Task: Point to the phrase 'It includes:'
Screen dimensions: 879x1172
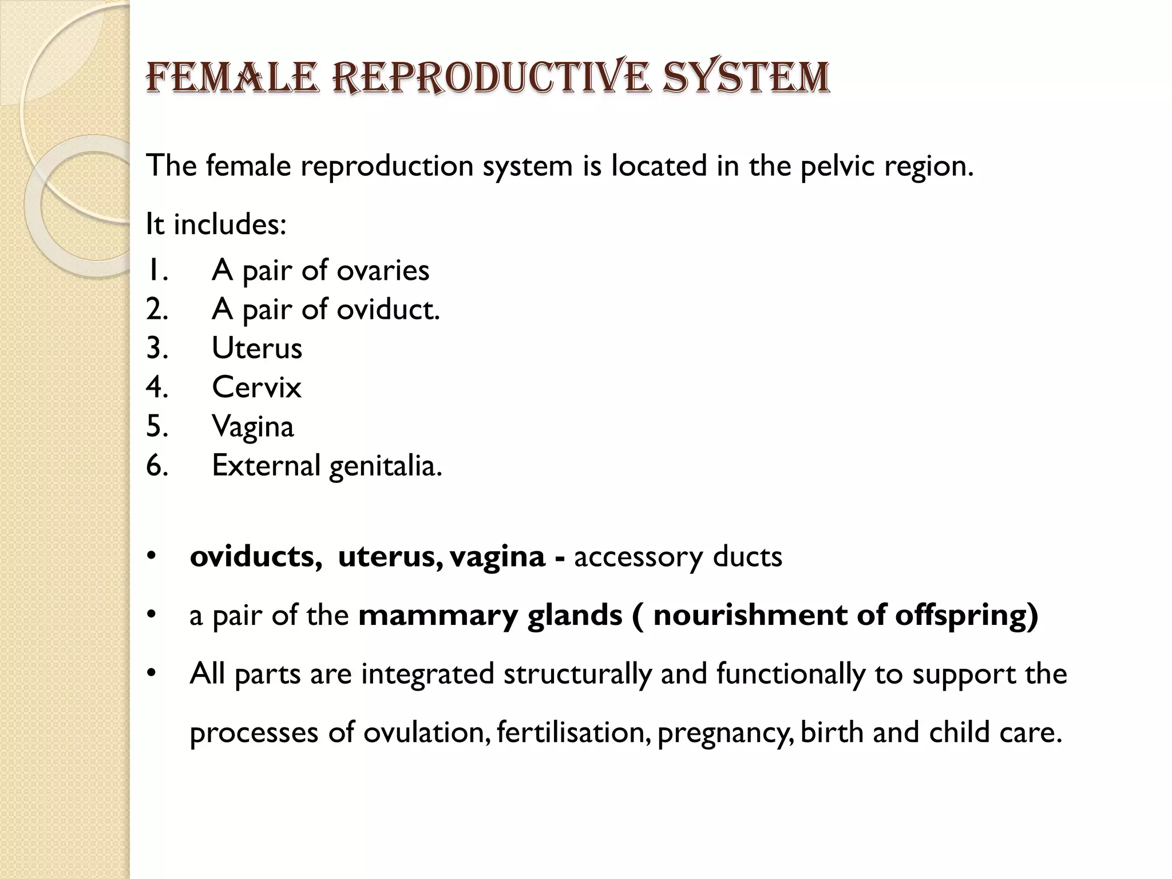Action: [x=216, y=224]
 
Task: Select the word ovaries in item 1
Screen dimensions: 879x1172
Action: [x=383, y=270]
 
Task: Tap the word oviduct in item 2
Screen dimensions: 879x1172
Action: [x=386, y=310]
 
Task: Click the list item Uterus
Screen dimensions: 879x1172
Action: [x=257, y=349]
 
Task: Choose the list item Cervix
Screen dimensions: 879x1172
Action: [x=256, y=387]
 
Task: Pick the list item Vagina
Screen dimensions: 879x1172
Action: [x=253, y=427]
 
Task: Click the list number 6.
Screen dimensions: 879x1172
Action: [x=157, y=465]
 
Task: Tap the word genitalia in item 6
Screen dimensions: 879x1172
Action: [x=385, y=466]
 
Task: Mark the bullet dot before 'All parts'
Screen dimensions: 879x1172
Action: [x=151, y=672]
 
